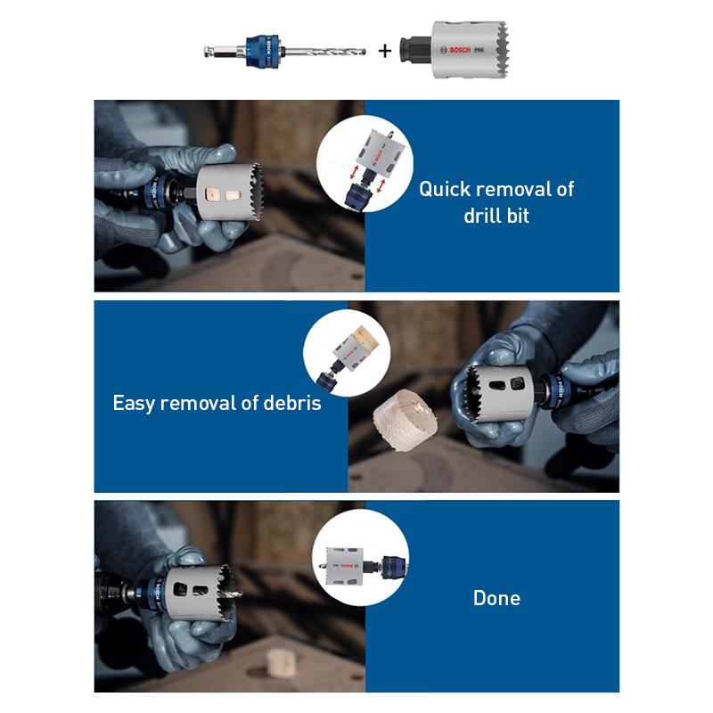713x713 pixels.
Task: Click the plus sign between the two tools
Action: click(385, 52)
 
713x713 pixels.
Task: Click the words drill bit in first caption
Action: click(496, 216)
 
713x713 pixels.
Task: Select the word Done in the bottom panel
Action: click(496, 598)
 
